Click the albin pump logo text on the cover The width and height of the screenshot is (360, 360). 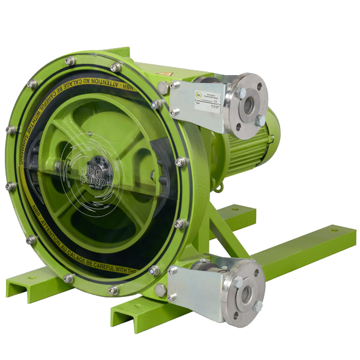(x=95, y=170)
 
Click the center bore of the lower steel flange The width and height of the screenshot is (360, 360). (x=247, y=293)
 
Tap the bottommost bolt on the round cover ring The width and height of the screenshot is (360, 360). (x=113, y=290)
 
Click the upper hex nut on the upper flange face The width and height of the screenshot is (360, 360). (x=242, y=93)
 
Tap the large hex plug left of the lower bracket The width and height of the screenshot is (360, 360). (x=161, y=290)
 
